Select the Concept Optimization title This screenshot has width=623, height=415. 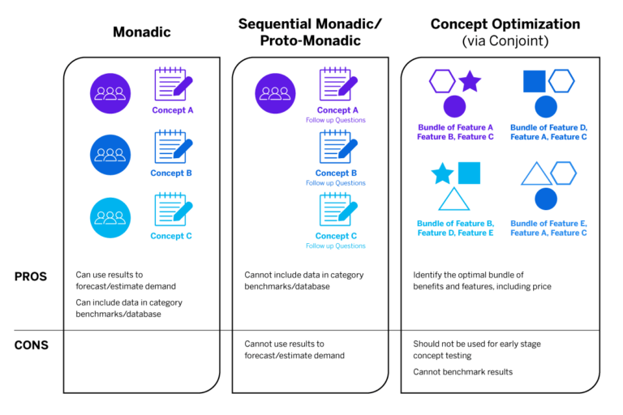click(x=505, y=24)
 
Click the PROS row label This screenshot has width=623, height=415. click(x=31, y=276)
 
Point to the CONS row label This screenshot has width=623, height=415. click(x=31, y=345)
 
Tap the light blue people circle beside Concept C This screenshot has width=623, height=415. click(x=110, y=217)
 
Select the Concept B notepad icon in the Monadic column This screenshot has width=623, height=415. click(x=173, y=148)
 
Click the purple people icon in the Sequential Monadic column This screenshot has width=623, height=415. click(x=276, y=92)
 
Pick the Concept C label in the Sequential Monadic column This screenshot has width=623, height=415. click(x=336, y=236)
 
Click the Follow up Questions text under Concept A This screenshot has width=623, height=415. click(x=336, y=120)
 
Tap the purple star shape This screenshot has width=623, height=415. click(x=470, y=81)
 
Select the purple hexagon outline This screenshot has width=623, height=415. click(x=442, y=81)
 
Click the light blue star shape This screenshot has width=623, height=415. click(x=442, y=173)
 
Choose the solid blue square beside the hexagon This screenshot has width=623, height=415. click(x=534, y=81)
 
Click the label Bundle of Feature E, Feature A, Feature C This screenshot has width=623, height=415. click(x=548, y=228)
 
